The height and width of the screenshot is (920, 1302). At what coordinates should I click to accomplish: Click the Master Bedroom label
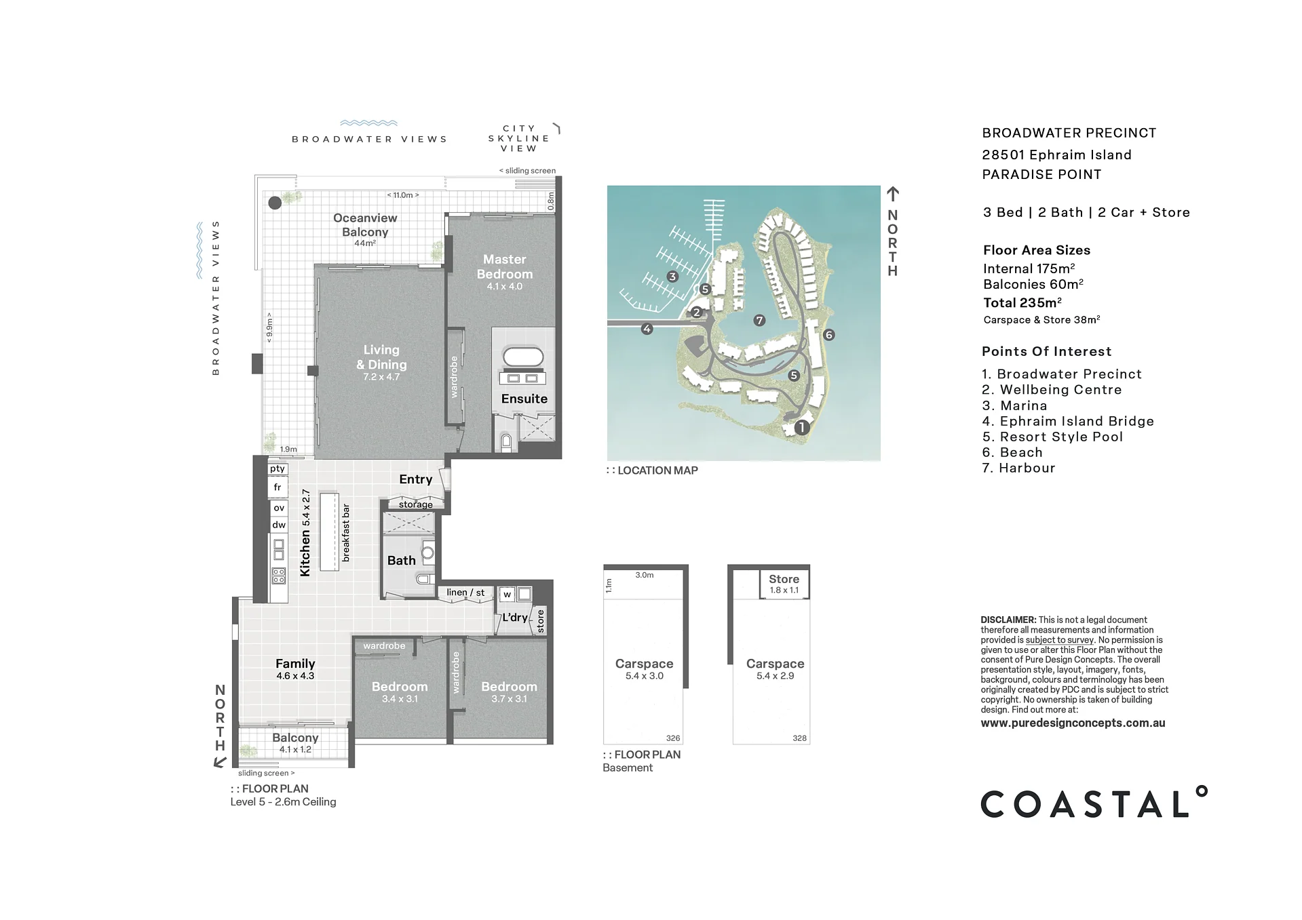504,266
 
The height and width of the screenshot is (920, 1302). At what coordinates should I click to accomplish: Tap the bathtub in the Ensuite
522,357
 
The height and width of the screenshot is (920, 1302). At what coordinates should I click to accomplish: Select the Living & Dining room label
381,357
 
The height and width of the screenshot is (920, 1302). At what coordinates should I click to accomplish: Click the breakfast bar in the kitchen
330,532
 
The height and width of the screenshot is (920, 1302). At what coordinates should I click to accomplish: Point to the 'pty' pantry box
277,468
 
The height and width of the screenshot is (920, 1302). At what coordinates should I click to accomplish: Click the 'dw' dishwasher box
279,525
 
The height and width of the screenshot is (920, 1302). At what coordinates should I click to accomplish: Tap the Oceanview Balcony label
365,225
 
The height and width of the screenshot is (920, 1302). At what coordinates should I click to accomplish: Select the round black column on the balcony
275,202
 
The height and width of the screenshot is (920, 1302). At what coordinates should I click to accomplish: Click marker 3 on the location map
672,277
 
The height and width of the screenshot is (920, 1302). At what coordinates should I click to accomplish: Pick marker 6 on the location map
828,335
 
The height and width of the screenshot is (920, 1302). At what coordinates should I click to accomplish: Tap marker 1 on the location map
802,427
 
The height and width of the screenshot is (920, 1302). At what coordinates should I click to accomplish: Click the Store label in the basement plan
784,579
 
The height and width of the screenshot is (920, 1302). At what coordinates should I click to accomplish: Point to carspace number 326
673,738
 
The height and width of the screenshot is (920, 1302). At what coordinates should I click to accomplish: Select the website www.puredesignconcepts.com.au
1073,723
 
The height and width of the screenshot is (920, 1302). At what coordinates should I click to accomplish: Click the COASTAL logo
1094,803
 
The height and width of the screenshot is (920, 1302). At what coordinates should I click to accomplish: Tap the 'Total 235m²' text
1022,302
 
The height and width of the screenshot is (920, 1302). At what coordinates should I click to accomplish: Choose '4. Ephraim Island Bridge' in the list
1068,421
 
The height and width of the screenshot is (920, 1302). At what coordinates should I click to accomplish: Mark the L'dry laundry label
515,617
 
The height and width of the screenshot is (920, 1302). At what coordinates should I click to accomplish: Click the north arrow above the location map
893,194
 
